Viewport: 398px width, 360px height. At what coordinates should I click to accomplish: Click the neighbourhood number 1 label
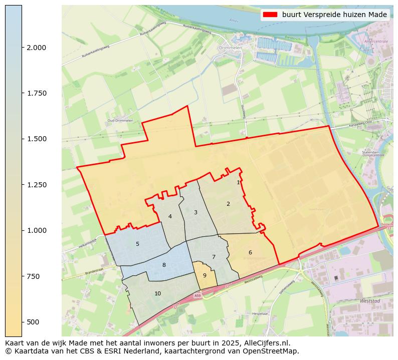pyautogui.click(x=239, y=183)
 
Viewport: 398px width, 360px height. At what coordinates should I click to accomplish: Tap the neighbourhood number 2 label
pyautogui.click(x=228, y=204)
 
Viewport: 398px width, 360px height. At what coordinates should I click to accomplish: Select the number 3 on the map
pyautogui.click(x=195, y=213)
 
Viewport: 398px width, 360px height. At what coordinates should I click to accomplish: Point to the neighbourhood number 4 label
pyautogui.click(x=170, y=216)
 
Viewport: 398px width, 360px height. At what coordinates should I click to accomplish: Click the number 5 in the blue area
pyautogui.click(x=137, y=244)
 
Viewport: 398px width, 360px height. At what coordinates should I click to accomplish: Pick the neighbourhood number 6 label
pyautogui.click(x=250, y=252)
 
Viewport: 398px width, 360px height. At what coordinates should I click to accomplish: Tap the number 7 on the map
pyautogui.click(x=214, y=257)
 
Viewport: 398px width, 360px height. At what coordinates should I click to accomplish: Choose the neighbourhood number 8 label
pyautogui.click(x=164, y=265)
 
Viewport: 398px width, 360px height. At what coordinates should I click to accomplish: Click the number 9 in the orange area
pyautogui.click(x=205, y=275)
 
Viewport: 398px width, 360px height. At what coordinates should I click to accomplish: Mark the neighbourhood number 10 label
pyautogui.click(x=158, y=293)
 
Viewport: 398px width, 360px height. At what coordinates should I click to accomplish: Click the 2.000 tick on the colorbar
pyautogui.click(x=36, y=48)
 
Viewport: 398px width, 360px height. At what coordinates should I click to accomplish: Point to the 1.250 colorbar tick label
pyautogui.click(x=36, y=185)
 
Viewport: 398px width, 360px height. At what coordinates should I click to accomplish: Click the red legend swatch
pyautogui.click(x=270, y=15)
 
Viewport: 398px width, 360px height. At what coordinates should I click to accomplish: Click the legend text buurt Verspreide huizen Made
pyautogui.click(x=334, y=15)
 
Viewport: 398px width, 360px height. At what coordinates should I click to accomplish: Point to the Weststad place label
pyautogui.click(x=370, y=301)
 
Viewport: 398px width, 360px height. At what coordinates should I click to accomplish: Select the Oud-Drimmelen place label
pyautogui.click(x=119, y=121)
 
